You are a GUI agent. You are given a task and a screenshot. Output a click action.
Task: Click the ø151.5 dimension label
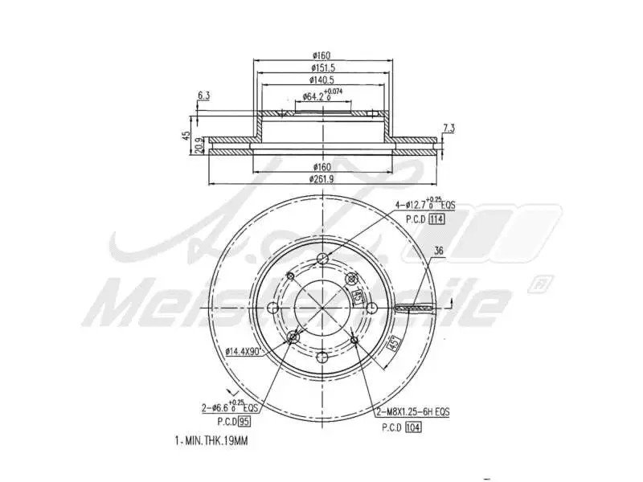point(321,69)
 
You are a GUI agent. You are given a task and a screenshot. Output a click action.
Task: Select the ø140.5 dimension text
point(321,81)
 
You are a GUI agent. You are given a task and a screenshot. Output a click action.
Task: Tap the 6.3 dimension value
point(203,96)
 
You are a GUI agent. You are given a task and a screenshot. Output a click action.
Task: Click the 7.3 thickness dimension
point(448,128)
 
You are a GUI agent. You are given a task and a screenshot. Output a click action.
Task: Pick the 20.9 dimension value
point(199,145)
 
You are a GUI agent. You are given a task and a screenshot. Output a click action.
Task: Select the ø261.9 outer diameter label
point(321,178)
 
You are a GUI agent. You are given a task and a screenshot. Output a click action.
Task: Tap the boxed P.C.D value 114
point(436,219)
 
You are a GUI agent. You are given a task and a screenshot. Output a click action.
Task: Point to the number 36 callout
point(438,251)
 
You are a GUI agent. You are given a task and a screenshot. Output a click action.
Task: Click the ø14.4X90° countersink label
point(244,351)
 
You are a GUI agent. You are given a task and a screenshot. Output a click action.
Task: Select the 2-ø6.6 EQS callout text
point(231,407)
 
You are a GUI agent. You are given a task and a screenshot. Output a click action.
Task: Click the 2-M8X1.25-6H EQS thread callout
point(413,412)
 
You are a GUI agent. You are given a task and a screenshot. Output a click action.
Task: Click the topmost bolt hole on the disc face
point(321,259)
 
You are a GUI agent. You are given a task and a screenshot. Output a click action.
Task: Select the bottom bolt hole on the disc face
point(321,357)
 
